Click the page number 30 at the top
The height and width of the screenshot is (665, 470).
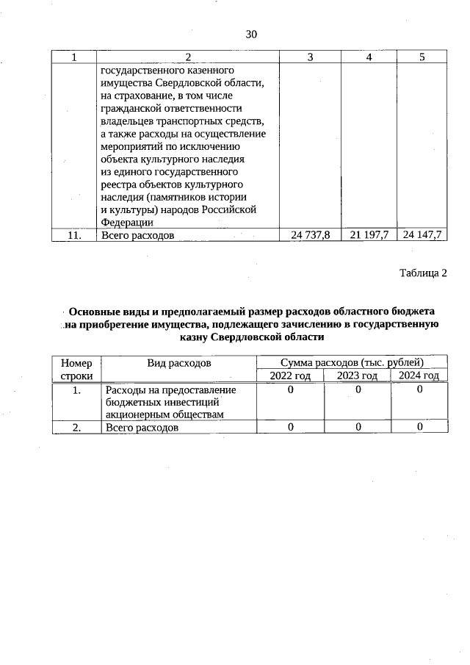pyautogui.click(x=251, y=35)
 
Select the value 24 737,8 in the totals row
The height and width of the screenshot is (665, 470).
pyautogui.click(x=310, y=235)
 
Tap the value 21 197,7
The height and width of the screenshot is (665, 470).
pyautogui.click(x=369, y=235)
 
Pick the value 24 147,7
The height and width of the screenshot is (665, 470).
pyautogui.click(x=422, y=235)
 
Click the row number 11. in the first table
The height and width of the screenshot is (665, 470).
pyautogui.click(x=74, y=235)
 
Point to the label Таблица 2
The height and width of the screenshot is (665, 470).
pyautogui.click(x=423, y=273)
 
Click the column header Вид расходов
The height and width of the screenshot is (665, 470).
pyautogui.click(x=179, y=362)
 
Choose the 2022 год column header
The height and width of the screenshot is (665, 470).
pyautogui.click(x=290, y=375)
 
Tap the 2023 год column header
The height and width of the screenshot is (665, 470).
pyautogui.click(x=357, y=375)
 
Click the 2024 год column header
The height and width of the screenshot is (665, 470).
pyautogui.click(x=419, y=375)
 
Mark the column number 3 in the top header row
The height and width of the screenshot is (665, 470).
pyautogui.click(x=310, y=57)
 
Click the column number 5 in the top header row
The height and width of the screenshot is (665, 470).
pyautogui.click(x=422, y=57)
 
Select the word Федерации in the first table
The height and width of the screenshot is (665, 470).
pyautogui.click(x=127, y=222)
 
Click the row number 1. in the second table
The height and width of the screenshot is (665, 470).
pyautogui.click(x=76, y=389)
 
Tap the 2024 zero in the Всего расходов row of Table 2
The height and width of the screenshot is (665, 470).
pyautogui.click(x=419, y=427)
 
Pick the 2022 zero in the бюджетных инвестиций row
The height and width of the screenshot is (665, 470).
pyautogui.click(x=290, y=389)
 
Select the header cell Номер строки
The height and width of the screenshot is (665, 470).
pyautogui.click(x=76, y=369)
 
